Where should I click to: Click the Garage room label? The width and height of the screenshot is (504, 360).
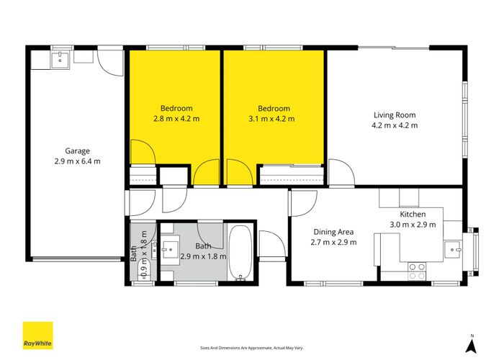click(x=77, y=151)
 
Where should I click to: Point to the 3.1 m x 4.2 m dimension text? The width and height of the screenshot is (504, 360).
click(x=271, y=119)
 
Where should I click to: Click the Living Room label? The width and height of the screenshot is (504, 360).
click(x=394, y=114)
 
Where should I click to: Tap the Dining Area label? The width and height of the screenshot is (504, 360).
click(x=333, y=232)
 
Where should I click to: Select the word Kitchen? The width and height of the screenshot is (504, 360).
click(x=413, y=215)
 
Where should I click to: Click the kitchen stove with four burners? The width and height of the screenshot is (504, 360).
click(x=417, y=271)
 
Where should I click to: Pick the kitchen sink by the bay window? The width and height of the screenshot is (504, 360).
click(x=454, y=249)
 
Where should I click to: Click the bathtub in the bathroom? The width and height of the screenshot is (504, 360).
click(x=240, y=253)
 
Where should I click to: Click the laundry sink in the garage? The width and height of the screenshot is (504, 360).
click(x=60, y=58)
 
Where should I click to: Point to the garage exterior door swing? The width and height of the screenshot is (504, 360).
click(x=110, y=64)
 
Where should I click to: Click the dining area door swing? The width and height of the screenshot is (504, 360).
click(x=298, y=204)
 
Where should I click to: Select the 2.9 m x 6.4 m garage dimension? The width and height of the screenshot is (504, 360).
click(x=77, y=161)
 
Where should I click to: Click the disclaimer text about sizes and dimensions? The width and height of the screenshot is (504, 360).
click(x=251, y=347)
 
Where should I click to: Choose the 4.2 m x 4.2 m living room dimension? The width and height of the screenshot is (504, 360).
click(x=394, y=125)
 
